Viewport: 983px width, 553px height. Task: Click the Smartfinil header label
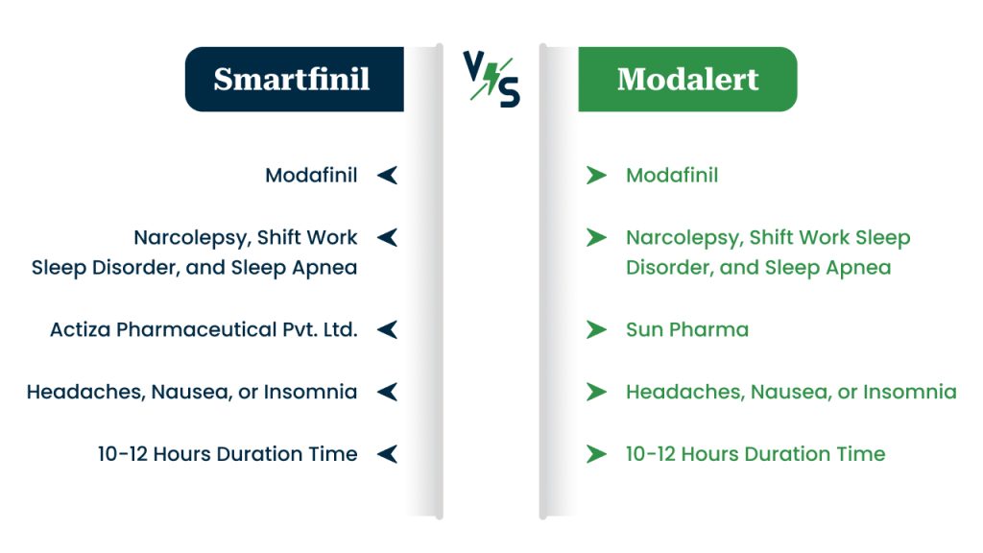[292, 79]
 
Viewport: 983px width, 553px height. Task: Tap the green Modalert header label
[687, 79]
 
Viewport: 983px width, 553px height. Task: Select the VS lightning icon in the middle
[491, 79]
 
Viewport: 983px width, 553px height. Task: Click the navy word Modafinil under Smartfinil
[311, 175]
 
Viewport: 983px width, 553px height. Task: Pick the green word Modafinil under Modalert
[672, 175]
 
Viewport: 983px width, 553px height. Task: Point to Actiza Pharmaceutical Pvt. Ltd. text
[204, 329]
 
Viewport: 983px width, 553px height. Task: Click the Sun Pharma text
[687, 329]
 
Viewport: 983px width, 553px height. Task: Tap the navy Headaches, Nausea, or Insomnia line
[192, 392]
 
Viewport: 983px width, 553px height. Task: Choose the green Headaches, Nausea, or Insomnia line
[791, 392]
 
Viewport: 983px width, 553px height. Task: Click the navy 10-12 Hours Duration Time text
[228, 454]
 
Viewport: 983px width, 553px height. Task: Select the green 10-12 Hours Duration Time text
[755, 454]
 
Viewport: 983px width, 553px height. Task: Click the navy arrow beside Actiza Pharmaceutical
[388, 329]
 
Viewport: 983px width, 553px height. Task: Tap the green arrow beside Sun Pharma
[596, 329]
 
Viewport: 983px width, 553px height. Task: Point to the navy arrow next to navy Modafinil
[388, 175]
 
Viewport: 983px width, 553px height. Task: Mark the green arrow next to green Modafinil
[596, 175]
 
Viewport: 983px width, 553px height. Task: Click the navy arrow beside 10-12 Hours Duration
[388, 454]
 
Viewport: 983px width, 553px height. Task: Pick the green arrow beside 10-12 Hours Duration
[596, 454]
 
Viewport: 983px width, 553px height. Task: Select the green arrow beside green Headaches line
[596, 392]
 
